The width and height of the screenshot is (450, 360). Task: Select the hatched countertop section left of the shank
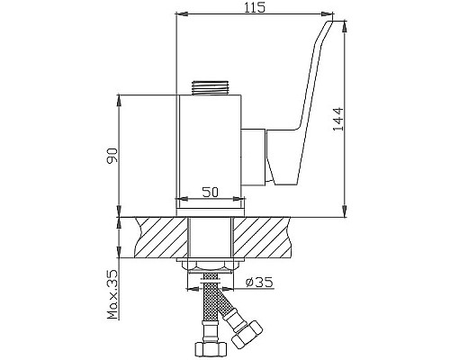[x=157, y=237]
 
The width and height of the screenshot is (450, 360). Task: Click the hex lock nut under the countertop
[x=211, y=265]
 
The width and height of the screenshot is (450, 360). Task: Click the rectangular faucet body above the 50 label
[x=211, y=144]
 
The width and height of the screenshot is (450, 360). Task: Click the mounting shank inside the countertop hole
[x=211, y=237]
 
